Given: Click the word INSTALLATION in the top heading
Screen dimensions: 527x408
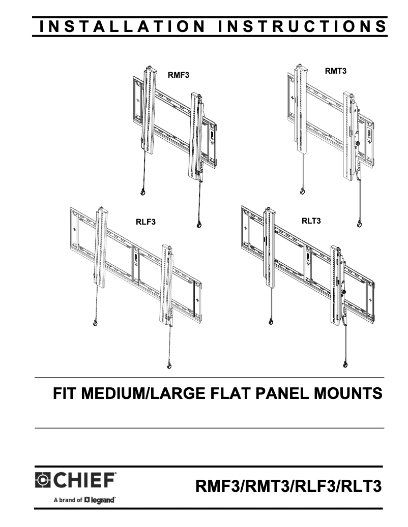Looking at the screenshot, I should [122, 26].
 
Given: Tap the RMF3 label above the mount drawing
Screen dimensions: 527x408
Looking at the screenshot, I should [179, 75].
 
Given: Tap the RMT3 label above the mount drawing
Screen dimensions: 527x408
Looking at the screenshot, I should [336, 72].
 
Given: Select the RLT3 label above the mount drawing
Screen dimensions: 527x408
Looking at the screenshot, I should [311, 221].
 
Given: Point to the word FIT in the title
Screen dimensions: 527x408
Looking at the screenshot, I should [66, 393].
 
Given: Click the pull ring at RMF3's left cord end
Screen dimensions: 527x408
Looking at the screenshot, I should [142, 192].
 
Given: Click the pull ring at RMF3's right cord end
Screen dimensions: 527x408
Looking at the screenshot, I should [198, 225].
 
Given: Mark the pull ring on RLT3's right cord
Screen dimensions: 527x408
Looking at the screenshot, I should [346, 364].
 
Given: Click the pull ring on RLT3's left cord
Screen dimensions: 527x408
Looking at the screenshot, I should [271, 321].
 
